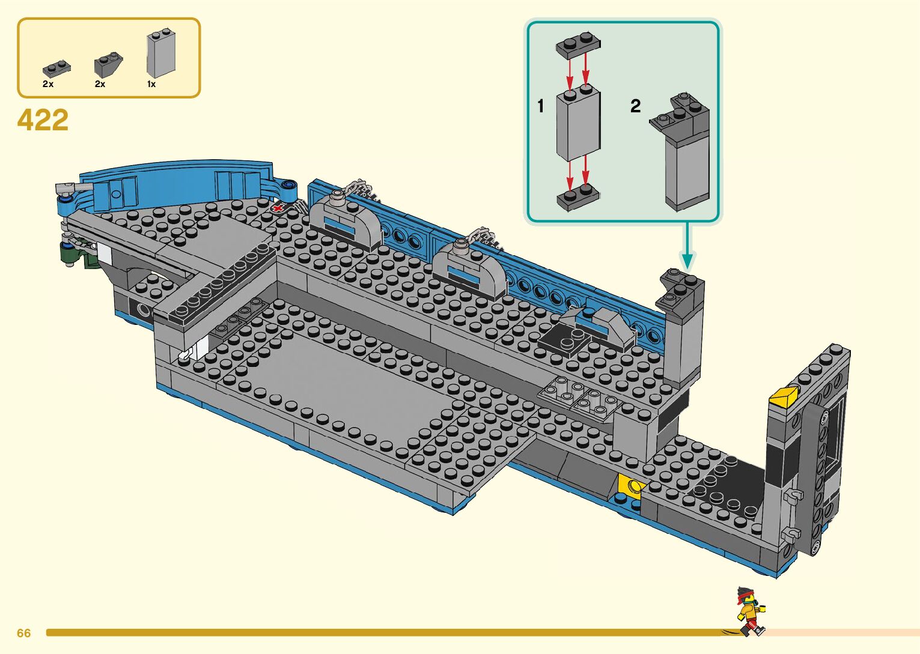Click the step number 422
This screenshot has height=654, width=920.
[x=43, y=120]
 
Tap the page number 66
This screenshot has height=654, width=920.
[x=23, y=633]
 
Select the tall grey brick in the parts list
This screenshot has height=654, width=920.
[x=161, y=54]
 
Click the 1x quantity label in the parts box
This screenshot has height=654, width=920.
[x=151, y=85]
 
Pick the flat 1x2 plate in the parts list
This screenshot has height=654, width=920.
[x=56, y=68]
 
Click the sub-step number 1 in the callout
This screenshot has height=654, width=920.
[x=541, y=106]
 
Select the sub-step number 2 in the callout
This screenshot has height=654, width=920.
[x=635, y=106]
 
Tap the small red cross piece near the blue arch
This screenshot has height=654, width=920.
[x=278, y=208]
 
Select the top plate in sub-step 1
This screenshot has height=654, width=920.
[x=578, y=45]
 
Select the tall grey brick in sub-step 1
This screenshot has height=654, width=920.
[x=577, y=123]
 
